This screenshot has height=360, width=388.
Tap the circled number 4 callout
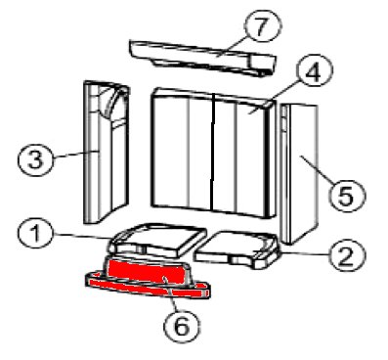click(314, 72)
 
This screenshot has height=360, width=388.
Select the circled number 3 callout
click(35, 159)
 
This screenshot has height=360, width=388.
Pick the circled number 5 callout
click(346, 196)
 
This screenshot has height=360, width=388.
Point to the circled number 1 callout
click(35, 234)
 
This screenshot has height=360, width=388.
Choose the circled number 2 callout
click(346, 255)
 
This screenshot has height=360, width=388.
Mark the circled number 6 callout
click(182, 325)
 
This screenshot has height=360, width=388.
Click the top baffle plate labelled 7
click(203, 58)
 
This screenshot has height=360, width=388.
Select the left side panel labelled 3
click(107, 152)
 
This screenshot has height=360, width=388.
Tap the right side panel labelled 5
click(299, 174)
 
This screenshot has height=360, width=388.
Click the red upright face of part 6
click(148, 273)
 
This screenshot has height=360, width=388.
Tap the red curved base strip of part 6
click(148, 287)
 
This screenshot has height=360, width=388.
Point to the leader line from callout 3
click(75, 154)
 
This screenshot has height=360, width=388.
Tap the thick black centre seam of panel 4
click(212, 152)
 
